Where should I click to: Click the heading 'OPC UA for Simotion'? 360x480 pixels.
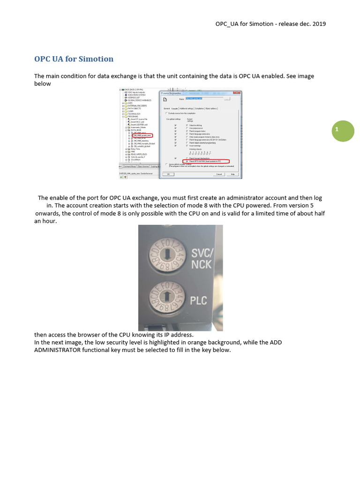74,59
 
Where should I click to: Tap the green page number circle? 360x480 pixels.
343,130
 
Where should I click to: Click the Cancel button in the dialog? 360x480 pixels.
219,174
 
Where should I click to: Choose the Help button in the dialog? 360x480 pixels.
233,174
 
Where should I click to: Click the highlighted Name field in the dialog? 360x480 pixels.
194,98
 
